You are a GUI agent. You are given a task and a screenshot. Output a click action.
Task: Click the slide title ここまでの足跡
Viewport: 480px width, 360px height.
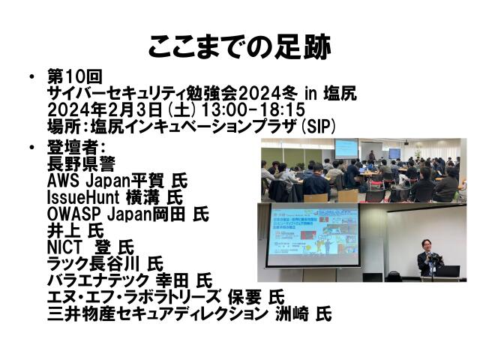(239, 46)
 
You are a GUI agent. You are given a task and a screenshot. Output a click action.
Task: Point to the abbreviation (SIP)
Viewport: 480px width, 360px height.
(317, 126)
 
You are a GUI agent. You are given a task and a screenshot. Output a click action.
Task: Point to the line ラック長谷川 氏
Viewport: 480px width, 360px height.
(105, 263)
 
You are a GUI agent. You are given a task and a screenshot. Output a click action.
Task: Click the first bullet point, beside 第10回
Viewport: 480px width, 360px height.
(32, 78)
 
